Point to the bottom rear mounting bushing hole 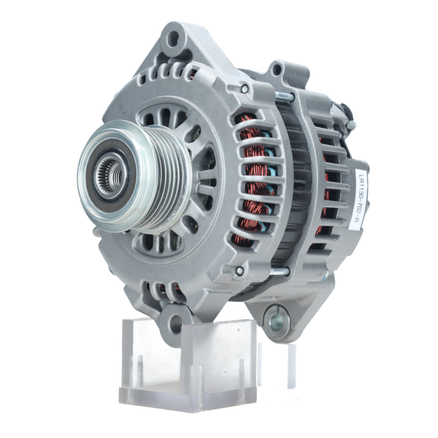[x=277, y=321]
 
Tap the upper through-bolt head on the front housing [x=245, y=89]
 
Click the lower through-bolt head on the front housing [x=240, y=270]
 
